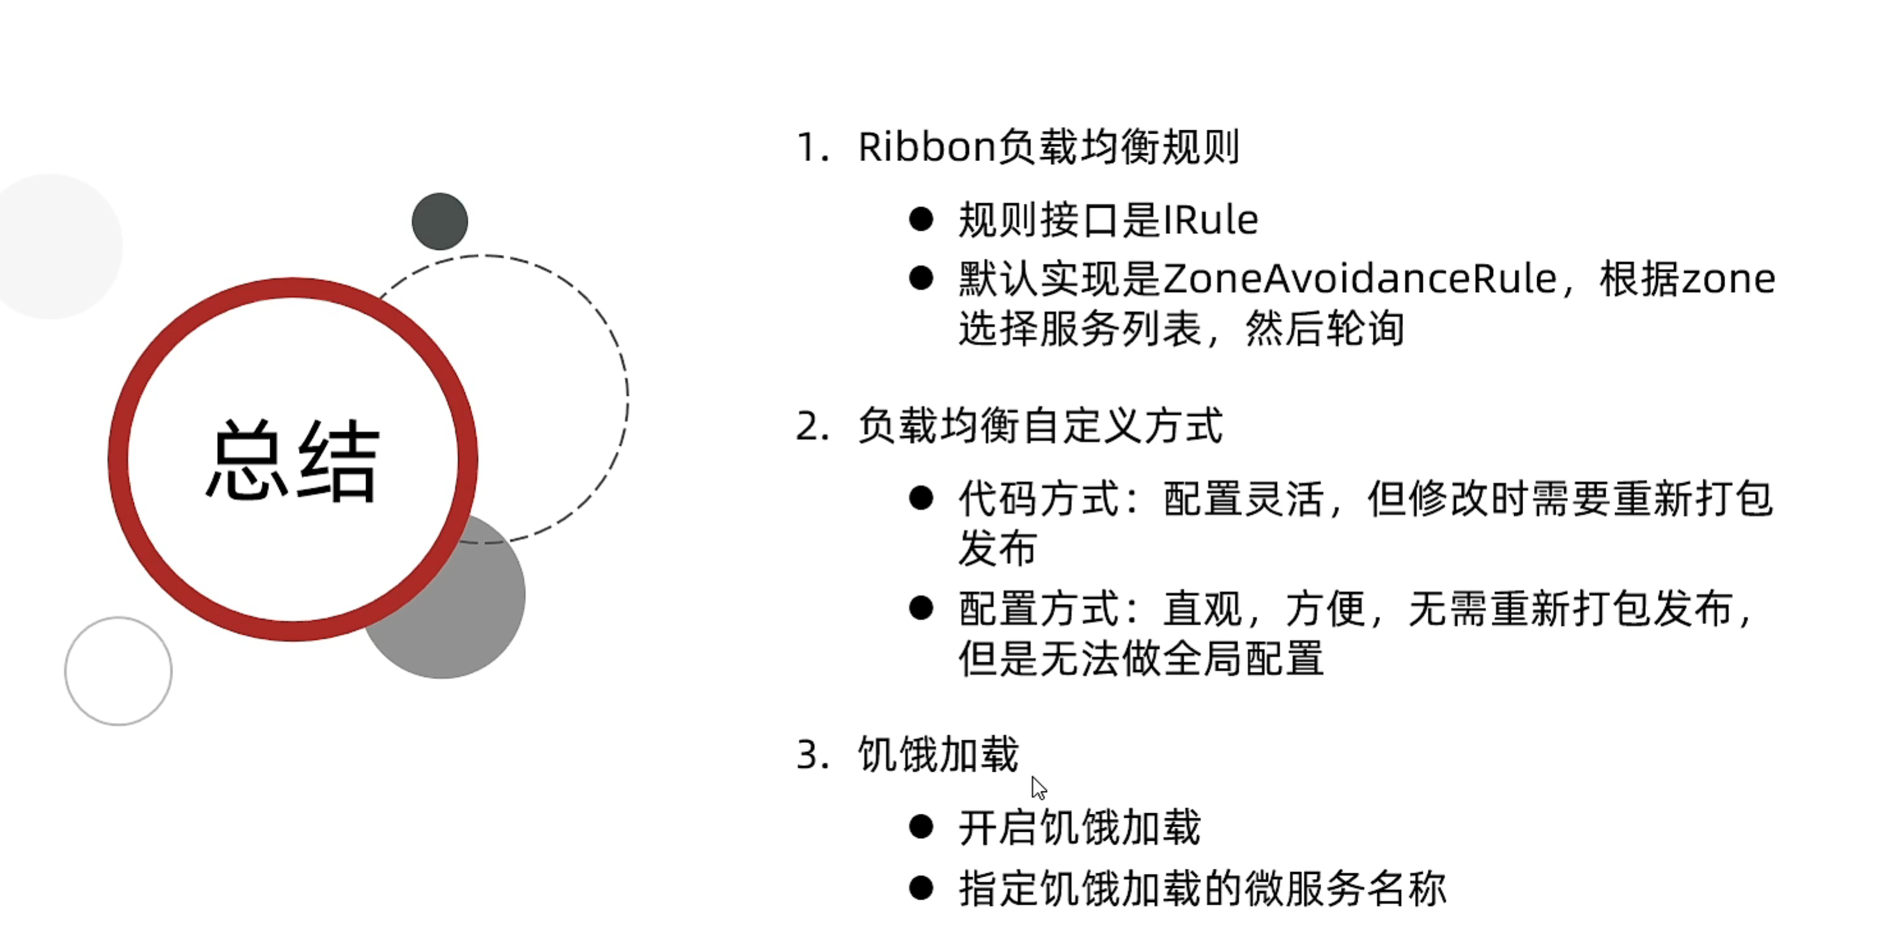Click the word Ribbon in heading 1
pyautogui.click(x=926, y=146)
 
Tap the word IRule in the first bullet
pyautogui.click(x=1211, y=220)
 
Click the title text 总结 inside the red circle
pyautogui.click(x=293, y=461)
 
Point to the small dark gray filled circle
pyautogui.click(x=440, y=222)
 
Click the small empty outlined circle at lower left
pyautogui.click(x=118, y=671)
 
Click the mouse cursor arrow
pyautogui.click(x=1038, y=787)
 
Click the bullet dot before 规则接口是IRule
pyautogui.click(x=921, y=219)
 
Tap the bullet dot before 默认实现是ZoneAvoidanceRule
pyautogui.click(x=921, y=279)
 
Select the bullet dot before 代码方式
pyautogui.click(x=921, y=498)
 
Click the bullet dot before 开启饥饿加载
pyautogui.click(x=921, y=827)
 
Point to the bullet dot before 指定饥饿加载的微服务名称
pyautogui.click(x=921, y=887)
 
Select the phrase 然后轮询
pyautogui.click(x=1324, y=328)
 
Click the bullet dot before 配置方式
pyautogui.click(x=921, y=608)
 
